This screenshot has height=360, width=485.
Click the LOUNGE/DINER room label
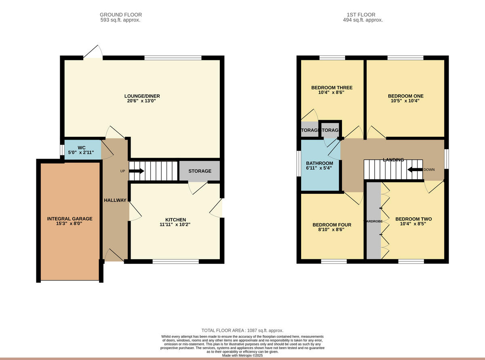[x=142, y=96]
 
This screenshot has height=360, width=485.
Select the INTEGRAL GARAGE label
[x=70, y=219]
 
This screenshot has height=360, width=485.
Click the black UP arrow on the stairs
[x=136, y=171]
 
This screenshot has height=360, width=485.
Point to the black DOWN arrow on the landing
[x=415, y=169]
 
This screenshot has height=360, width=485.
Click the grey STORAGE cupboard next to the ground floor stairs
[x=200, y=171]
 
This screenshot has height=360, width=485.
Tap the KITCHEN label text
[x=176, y=220]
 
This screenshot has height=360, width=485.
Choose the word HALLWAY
[x=115, y=200]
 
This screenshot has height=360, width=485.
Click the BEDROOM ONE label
[x=405, y=96]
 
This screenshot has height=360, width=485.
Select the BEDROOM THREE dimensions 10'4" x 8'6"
[x=331, y=92]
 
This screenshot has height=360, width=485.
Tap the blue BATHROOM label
[x=319, y=163]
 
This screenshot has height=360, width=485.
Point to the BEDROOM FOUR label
[x=331, y=225]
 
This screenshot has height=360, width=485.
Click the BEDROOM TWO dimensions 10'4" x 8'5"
[x=415, y=224]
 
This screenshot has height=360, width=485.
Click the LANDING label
[x=393, y=160]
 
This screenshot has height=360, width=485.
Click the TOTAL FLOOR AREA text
[x=242, y=330]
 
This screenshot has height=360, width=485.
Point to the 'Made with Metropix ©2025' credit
[x=242, y=356]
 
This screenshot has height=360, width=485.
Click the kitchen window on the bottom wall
[x=175, y=262]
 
